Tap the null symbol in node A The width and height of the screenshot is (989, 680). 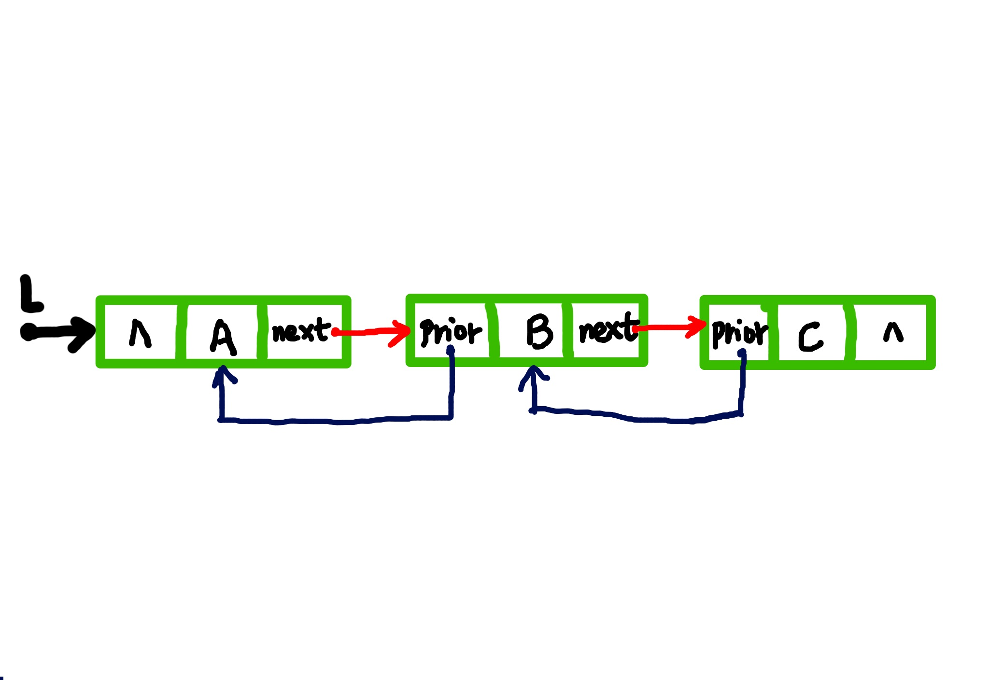tap(140, 333)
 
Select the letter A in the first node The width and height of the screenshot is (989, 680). tap(223, 337)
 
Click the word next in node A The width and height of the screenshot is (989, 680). tap(301, 331)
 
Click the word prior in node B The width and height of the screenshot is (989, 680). tap(450, 332)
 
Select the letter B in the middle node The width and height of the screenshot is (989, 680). tap(539, 331)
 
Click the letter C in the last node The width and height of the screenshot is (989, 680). tap(810, 336)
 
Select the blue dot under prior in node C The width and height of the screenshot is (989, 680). tap(742, 354)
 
